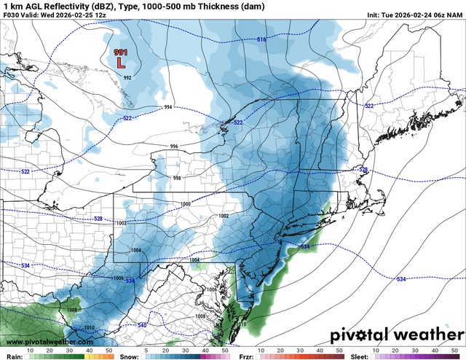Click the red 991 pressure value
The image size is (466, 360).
coord(121,52)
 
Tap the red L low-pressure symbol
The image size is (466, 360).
coord(121,63)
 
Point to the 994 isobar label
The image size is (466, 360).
coord(168,107)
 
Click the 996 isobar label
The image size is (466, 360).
coord(174,146)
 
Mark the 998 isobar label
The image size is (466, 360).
coord(177,178)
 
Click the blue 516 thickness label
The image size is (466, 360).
coord(261,39)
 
